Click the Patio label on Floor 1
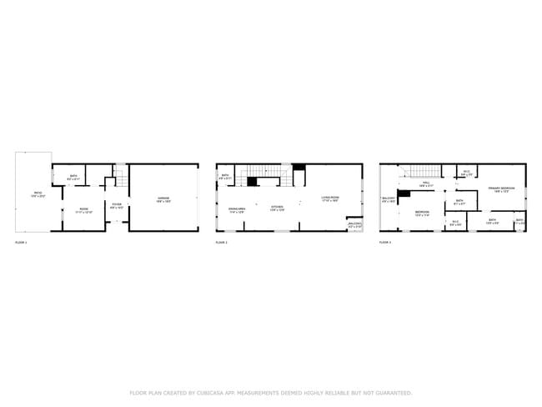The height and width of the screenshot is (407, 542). click(x=38, y=194)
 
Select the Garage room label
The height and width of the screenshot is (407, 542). click(x=164, y=198)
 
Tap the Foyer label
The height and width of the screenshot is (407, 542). click(x=117, y=205)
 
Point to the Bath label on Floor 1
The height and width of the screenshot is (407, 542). click(x=73, y=177)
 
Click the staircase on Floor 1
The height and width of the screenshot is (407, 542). click(x=119, y=178)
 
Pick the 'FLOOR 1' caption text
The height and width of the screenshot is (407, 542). click(x=22, y=242)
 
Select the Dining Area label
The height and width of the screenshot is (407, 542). click(x=236, y=210)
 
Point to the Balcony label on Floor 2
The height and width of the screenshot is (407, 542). click(x=355, y=224)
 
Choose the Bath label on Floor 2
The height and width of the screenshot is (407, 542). click(x=225, y=176)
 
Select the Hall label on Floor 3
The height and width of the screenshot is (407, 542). click(x=425, y=183)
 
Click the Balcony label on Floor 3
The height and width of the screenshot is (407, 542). click(x=388, y=199)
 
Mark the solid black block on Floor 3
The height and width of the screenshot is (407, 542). click(x=404, y=194)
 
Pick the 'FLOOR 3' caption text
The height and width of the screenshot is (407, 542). click(x=385, y=242)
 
